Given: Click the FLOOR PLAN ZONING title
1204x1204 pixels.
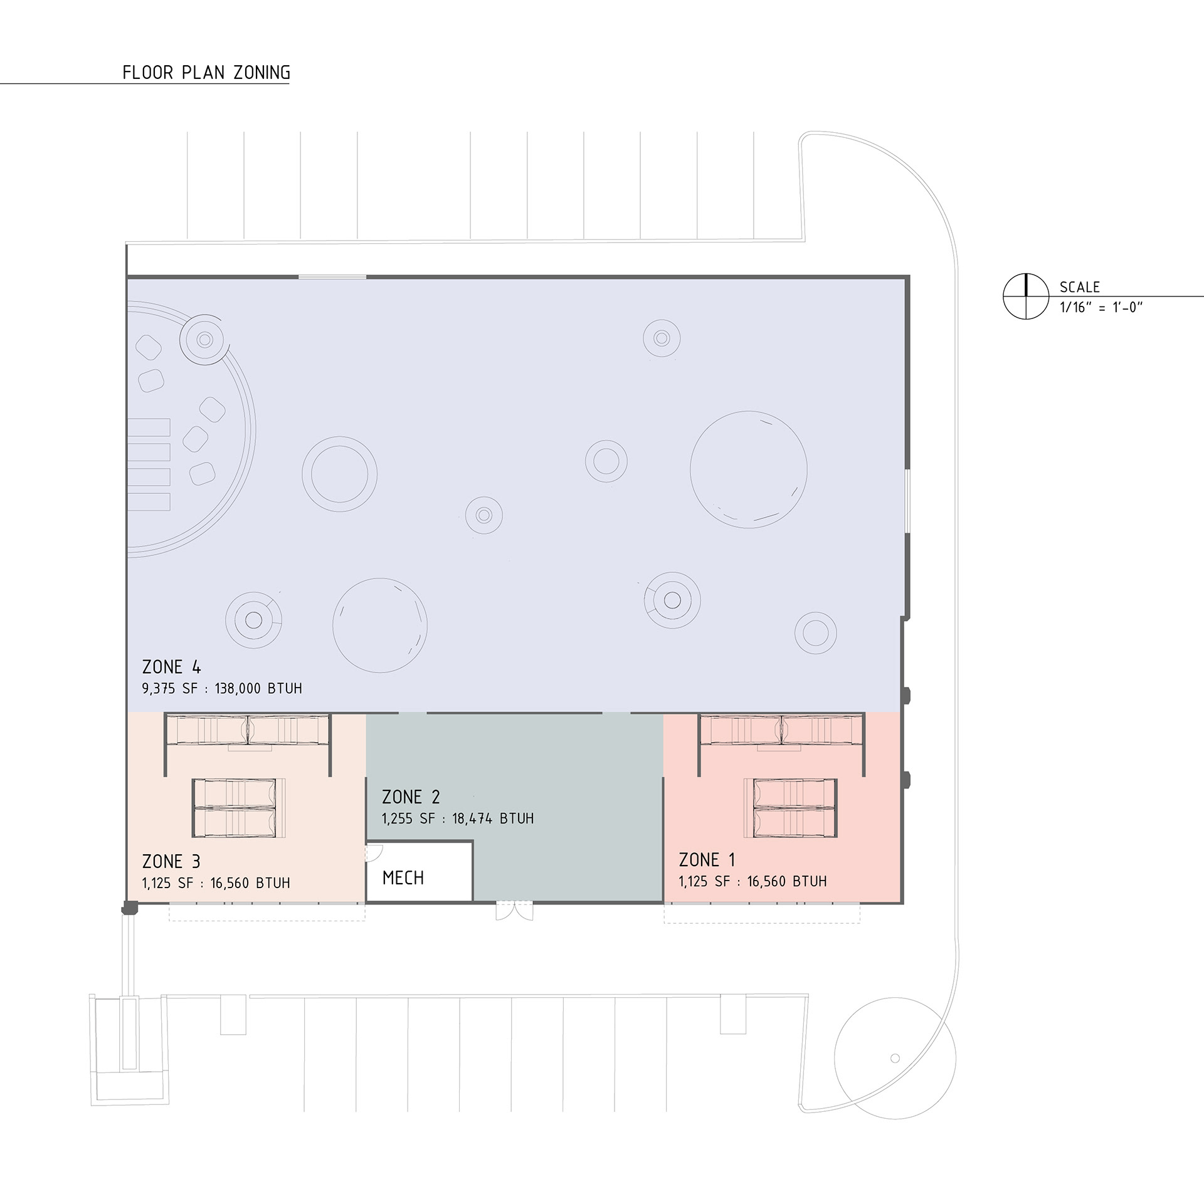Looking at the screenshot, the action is tap(206, 73).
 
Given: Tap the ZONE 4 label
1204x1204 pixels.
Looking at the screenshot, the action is tap(171, 667).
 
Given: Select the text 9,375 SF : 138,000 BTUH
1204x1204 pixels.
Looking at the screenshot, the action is tap(222, 689).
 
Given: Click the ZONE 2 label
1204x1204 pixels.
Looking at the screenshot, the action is tap(411, 797).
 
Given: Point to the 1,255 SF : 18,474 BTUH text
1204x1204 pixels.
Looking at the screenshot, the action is tap(458, 819).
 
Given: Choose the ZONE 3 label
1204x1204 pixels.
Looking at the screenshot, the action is tap(171, 862).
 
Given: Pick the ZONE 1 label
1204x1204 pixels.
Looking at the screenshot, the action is tap(707, 859).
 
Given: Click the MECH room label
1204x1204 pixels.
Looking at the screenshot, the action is tap(403, 878).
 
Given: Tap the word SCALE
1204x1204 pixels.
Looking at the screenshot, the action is tap(1080, 287).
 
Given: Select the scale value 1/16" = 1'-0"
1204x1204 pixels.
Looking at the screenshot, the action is tap(1101, 307).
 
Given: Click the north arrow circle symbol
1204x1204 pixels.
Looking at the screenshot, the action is tap(1026, 296).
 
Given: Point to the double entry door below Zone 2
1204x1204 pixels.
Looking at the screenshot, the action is tap(514, 911).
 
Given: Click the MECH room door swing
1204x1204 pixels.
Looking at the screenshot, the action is tap(375, 852).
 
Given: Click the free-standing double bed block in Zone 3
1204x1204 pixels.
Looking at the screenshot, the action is tap(234, 808).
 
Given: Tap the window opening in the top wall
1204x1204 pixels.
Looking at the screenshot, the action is tap(332, 276).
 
